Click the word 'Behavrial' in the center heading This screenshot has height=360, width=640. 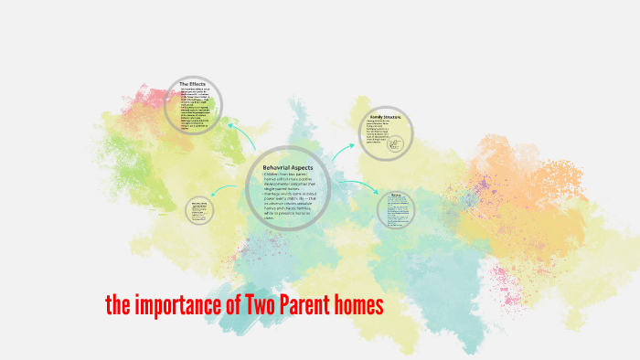[275, 167]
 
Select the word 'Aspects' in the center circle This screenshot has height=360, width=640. [303, 167]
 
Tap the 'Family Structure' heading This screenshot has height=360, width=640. [385, 117]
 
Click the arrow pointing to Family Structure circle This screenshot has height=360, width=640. [342, 153]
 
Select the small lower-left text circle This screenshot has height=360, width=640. [199, 209]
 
